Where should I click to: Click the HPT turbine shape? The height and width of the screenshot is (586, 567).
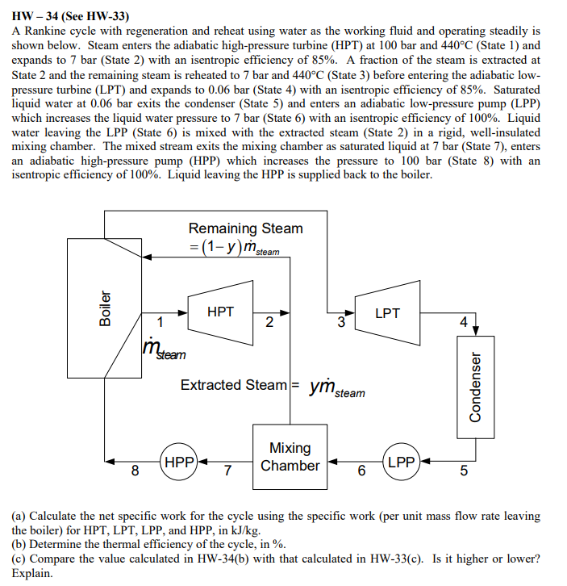(x=220, y=312)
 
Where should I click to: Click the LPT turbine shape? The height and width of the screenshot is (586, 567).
(x=387, y=312)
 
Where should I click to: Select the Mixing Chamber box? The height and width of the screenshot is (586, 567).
(x=290, y=457)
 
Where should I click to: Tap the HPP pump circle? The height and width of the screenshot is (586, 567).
(x=180, y=463)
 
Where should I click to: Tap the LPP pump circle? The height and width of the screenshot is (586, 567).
(x=401, y=463)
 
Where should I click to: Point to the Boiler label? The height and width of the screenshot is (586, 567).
(x=104, y=308)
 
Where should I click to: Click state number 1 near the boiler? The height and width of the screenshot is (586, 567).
(x=160, y=323)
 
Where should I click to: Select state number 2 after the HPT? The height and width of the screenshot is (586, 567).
(x=269, y=324)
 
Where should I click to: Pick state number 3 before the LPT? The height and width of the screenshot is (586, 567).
(x=341, y=324)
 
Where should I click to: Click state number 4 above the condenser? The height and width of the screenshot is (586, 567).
(x=462, y=321)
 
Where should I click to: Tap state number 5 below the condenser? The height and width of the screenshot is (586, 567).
(x=461, y=471)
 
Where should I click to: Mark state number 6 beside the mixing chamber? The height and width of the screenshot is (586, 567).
(x=361, y=471)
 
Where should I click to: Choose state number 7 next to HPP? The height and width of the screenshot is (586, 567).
(x=227, y=471)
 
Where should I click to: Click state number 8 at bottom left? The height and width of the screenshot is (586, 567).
(x=135, y=471)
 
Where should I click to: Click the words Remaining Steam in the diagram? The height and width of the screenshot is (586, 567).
(x=245, y=228)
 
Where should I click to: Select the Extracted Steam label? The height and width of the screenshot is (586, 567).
(x=233, y=385)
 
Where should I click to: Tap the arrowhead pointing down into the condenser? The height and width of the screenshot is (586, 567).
(x=475, y=329)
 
